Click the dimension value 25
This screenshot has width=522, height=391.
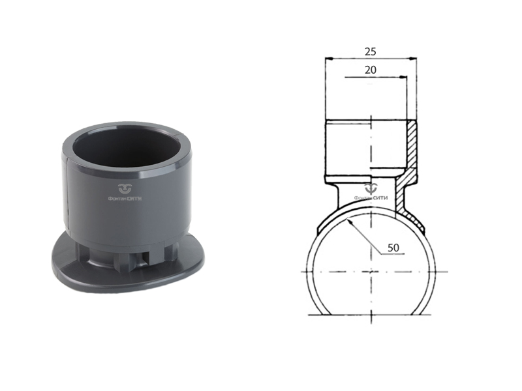(x=371, y=51)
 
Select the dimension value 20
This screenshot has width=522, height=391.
(x=371, y=70)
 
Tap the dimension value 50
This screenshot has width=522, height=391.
(x=393, y=248)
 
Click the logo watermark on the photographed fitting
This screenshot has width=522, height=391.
(x=125, y=188)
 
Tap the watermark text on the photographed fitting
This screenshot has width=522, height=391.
(x=125, y=199)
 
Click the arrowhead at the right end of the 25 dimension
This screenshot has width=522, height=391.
(x=413, y=59)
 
